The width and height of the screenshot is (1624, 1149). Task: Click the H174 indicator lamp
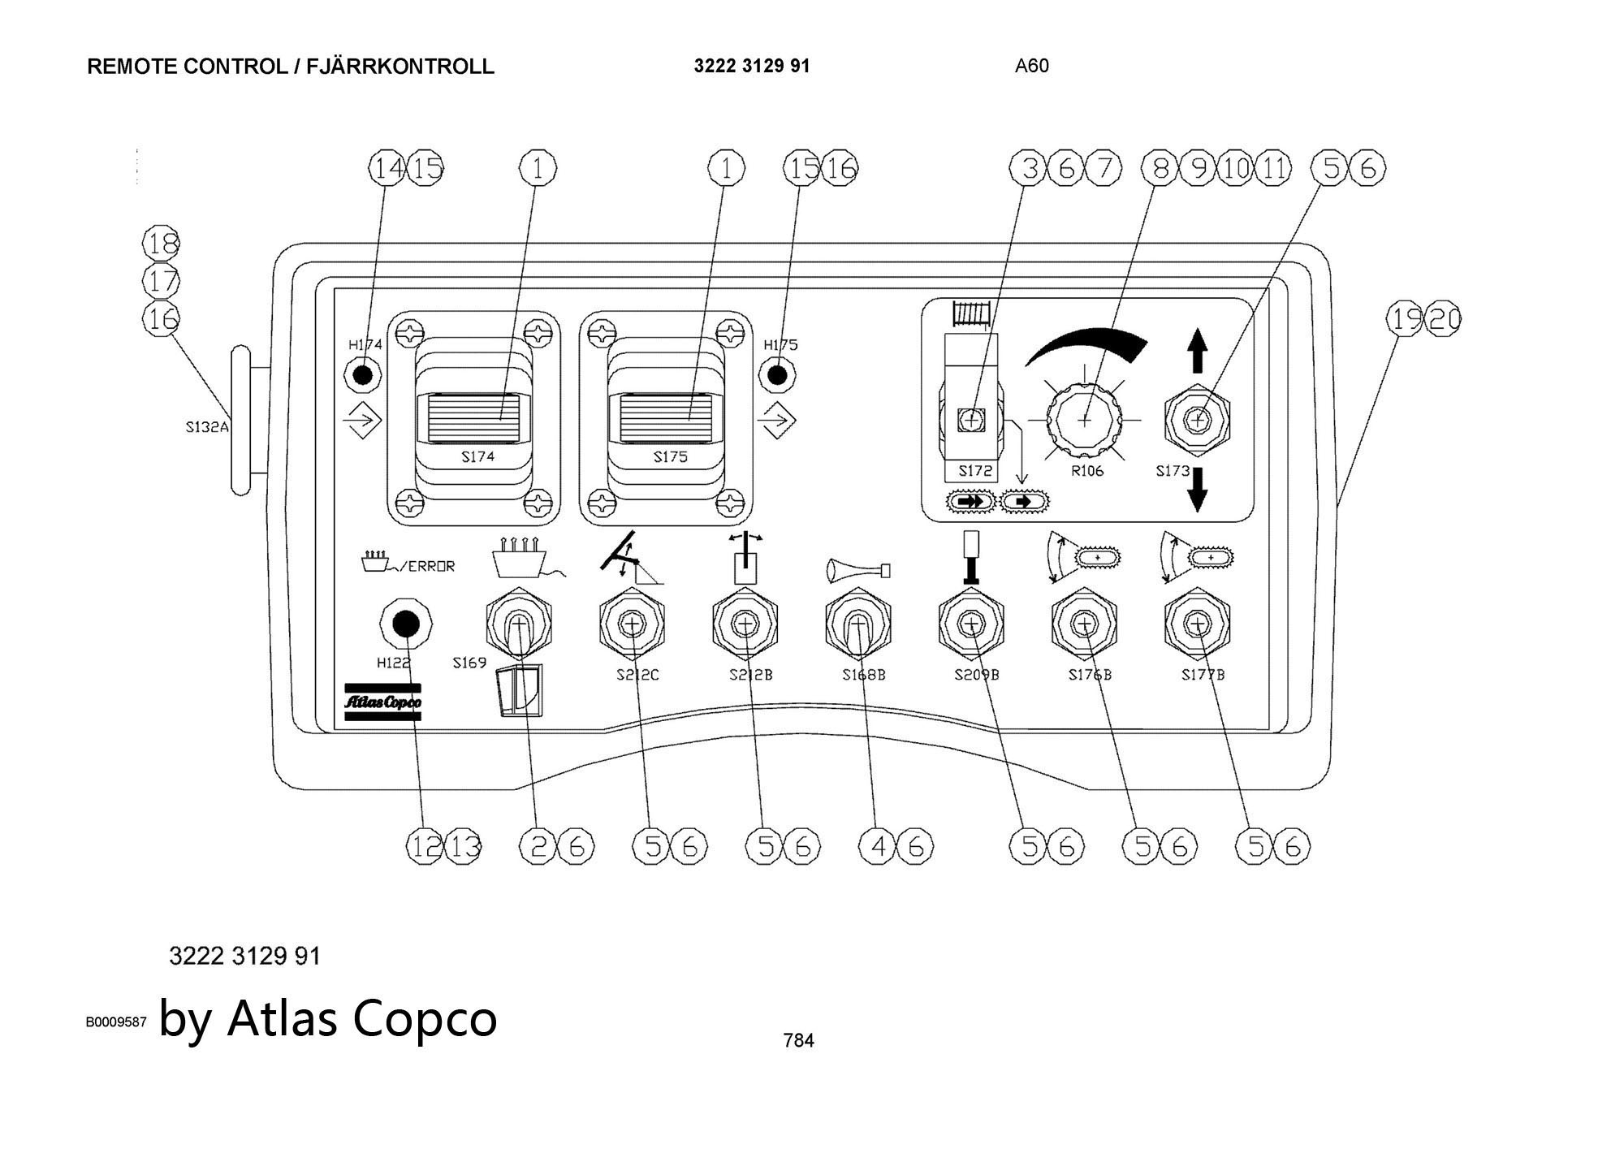coord(363,375)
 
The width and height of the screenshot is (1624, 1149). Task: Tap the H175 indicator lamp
coord(777,375)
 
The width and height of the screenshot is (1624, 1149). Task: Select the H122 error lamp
coord(405,624)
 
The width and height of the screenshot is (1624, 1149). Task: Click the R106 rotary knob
coord(1085,419)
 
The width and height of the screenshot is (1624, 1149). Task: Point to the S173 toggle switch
coord(1197,420)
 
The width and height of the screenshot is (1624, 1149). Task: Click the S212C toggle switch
coord(631,624)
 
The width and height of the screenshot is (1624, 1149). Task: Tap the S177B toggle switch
coord(1196,624)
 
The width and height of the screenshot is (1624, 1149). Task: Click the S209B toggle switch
coord(970,624)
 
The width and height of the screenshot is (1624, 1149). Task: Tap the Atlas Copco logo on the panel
coord(382,702)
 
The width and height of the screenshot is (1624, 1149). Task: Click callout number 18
coord(162,243)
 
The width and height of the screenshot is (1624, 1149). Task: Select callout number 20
coord(1445,319)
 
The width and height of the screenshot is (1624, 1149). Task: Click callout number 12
coord(423,847)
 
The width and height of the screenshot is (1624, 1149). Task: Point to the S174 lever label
coord(477,457)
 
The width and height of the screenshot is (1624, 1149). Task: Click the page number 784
coord(798,1040)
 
